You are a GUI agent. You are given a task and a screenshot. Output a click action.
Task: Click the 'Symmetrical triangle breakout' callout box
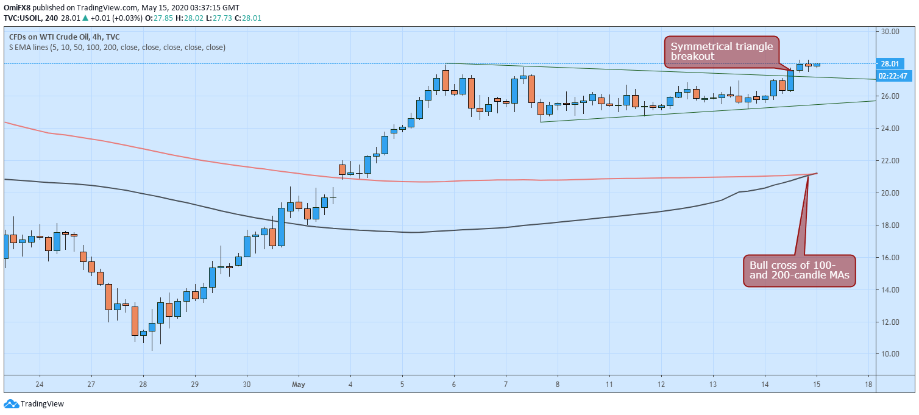coord(722,52)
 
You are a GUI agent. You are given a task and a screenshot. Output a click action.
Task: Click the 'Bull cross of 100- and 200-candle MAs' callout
coord(799,271)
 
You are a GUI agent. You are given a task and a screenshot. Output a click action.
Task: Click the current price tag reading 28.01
coord(890,63)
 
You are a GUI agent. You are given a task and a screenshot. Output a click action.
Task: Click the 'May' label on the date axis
coord(298,385)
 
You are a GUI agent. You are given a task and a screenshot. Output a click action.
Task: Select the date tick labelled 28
coord(143,385)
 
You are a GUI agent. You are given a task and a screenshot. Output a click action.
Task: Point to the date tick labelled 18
coord(868,385)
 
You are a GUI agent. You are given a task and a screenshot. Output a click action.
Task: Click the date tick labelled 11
coord(609,385)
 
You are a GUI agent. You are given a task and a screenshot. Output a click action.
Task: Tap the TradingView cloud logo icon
coord(11,404)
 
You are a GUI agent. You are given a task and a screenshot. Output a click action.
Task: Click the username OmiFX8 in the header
coord(17,8)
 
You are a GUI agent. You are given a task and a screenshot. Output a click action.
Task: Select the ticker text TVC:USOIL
coord(22,18)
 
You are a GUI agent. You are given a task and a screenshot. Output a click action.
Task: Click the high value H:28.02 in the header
coord(190,18)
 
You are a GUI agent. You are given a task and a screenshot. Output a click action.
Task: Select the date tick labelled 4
coord(350,385)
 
